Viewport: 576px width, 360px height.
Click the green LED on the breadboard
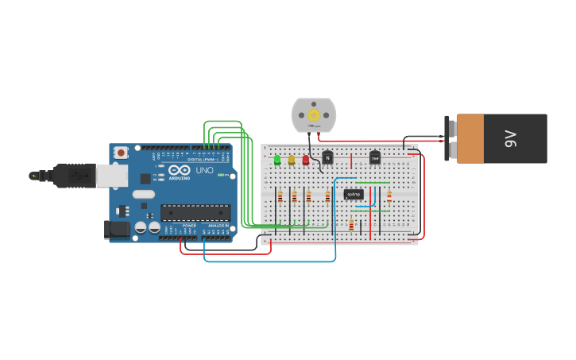coord(277,160)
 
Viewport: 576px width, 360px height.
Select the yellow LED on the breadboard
coord(292,160)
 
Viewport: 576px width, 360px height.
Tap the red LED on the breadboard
coord(306,160)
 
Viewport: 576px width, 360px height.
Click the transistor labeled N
coord(327,157)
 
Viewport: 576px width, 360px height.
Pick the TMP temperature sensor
coord(375,157)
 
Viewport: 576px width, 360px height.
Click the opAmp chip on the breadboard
coord(354,194)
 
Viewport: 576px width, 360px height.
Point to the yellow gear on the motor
coord(314,114)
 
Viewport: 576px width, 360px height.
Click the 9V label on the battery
coord(512,138)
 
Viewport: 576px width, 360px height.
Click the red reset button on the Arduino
coord(121,153)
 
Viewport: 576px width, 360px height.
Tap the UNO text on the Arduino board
coord(204,170)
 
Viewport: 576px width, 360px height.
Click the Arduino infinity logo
coord(176,170)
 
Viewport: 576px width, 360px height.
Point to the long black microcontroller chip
coord(195,212)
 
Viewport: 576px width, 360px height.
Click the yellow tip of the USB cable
coord(33,176)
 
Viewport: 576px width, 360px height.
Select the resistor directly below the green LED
coord(280,197)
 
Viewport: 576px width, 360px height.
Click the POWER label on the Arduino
coord(189,226)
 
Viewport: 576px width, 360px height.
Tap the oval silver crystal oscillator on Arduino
coord(144,194)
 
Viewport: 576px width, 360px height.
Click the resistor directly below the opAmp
coord(351,225)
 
